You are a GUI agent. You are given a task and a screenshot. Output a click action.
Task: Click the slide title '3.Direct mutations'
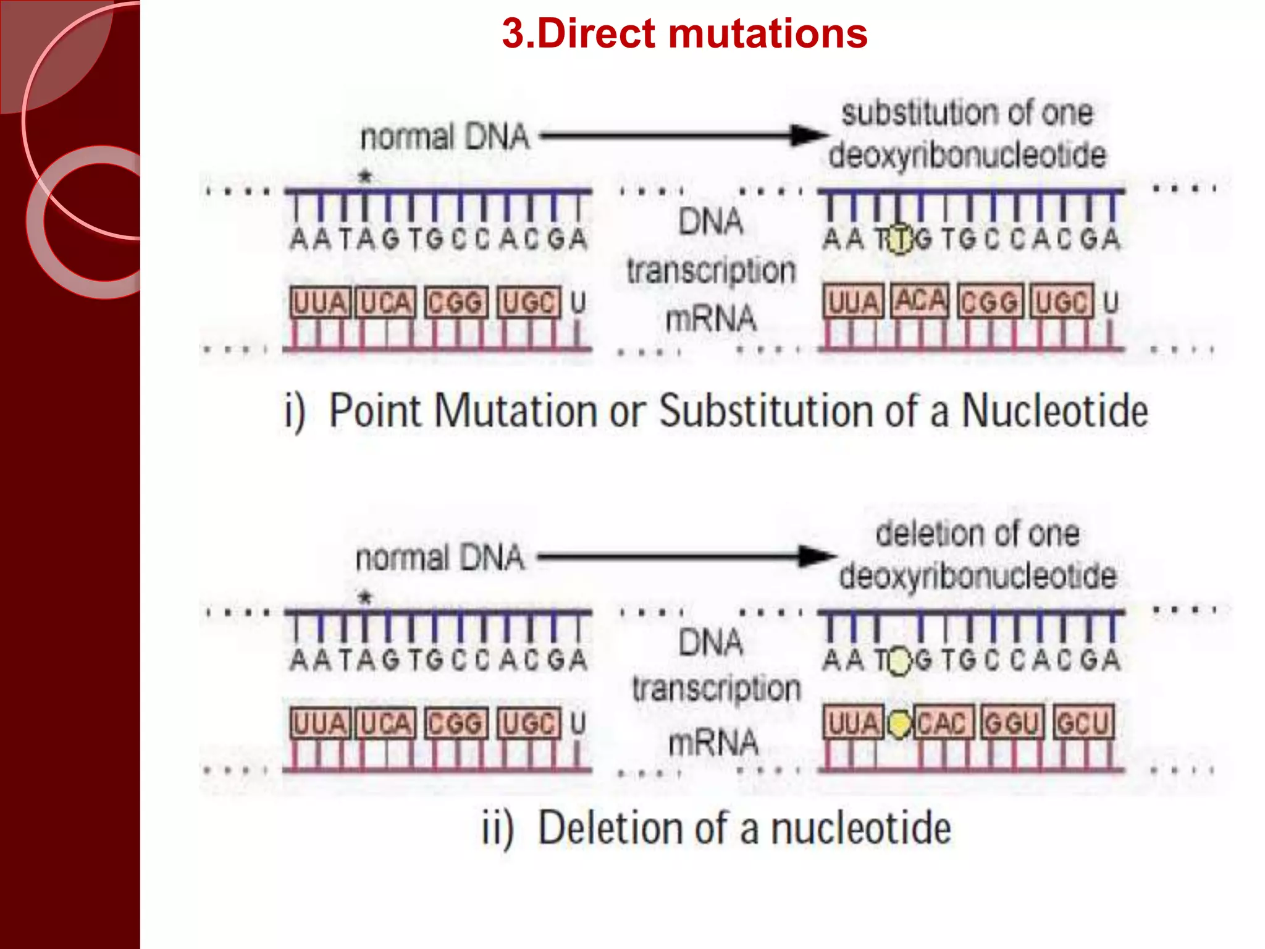tap(684, 33)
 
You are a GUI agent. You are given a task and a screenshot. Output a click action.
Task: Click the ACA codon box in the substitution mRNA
tap(920, 301)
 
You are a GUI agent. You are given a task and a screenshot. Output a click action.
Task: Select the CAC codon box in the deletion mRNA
tap(941, 723)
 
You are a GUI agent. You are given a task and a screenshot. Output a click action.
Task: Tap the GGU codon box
tap(1012, 723)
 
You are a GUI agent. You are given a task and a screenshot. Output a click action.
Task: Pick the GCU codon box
tap(1083, 723)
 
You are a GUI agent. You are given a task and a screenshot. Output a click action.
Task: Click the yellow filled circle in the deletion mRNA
tap(899, 723)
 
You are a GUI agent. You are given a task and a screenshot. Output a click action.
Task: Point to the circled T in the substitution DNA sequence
tap(900, 240)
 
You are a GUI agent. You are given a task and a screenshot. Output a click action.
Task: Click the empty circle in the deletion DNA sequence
tap(900, 661)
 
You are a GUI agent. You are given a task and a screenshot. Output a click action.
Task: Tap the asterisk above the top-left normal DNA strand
tap(365, 177)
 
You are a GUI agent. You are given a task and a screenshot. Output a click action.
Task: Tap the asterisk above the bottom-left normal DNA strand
tap(365, 597)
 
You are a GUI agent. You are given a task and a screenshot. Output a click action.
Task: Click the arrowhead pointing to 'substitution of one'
tap(810, 135)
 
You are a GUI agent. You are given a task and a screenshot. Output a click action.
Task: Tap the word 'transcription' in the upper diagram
tap(711, 271)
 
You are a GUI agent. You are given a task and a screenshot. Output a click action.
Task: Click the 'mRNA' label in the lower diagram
tap(713, 741)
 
